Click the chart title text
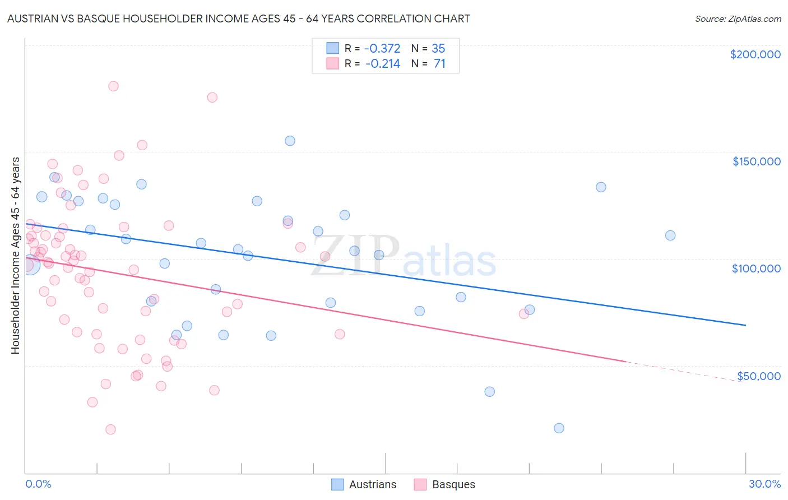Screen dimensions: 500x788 click(238, 18)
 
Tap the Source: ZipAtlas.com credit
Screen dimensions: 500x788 click(738, 18)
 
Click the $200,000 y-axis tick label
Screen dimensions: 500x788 click(755, 54)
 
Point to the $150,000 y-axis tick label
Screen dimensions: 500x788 click(756, 161)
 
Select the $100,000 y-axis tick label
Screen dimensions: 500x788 click(756, 268)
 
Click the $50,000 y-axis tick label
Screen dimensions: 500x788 click(758, 376)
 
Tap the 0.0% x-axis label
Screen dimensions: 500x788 click(38, 484)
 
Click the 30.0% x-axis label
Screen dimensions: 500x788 click(764, 484)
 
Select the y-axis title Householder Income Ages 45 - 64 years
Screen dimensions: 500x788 click(15, 256)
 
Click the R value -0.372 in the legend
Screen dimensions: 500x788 click(383, 48)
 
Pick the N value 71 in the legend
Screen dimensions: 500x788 click(439, 63)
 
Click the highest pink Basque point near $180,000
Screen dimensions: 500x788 click(113, 86)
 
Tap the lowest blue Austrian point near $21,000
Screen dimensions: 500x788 click(559, 428)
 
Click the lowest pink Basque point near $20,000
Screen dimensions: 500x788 click(110, 429)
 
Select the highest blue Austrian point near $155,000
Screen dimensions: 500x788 click(290, 141)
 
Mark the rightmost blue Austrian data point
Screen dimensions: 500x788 click(670, 235)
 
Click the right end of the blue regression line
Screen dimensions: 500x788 click(745, 325)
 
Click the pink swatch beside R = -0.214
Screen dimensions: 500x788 click(333, 63)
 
